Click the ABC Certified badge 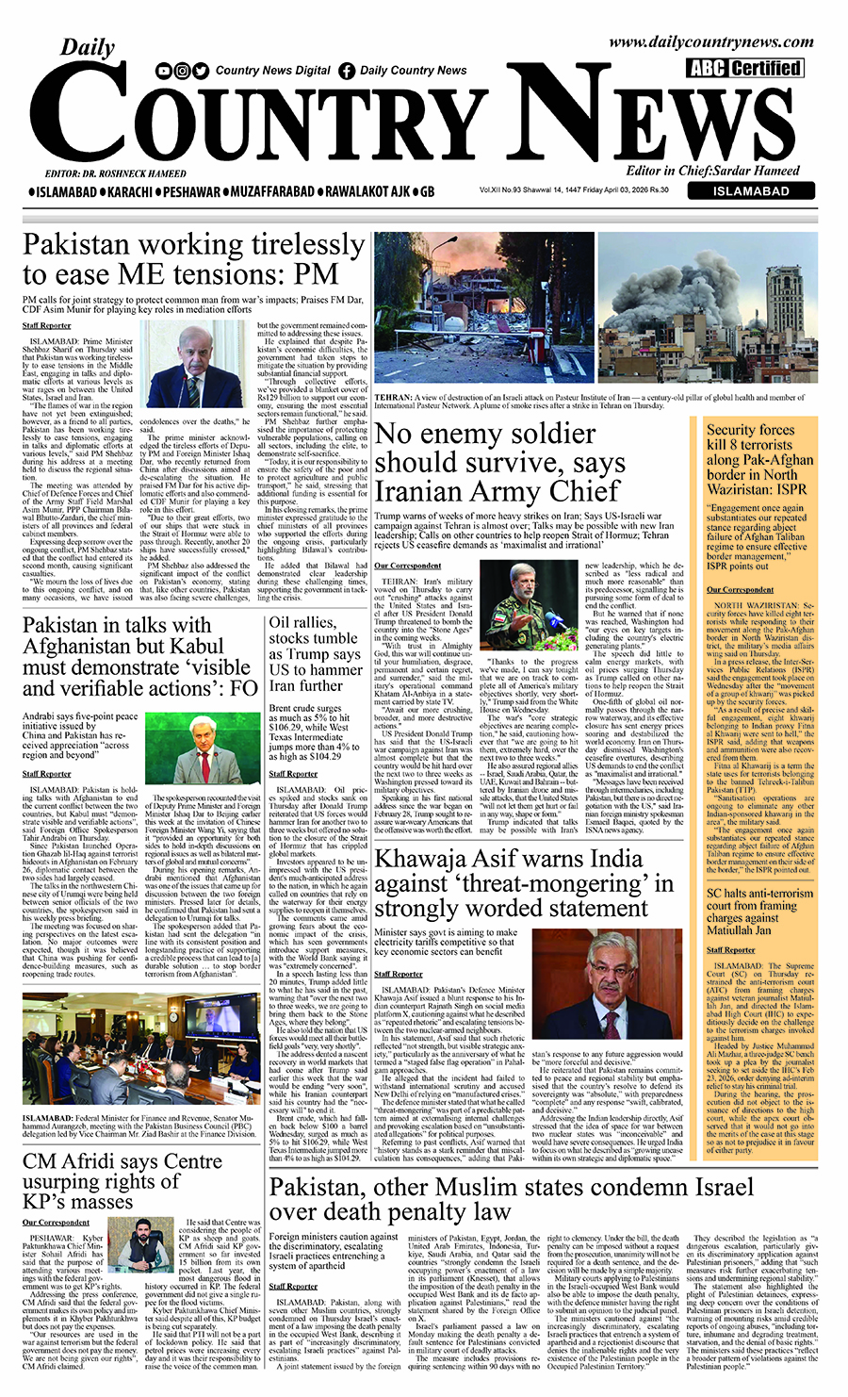tap(745, 68)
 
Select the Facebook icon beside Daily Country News tap(347, 71)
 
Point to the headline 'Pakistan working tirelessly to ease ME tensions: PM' tap(193, 259)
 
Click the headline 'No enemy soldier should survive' tap(499, 463)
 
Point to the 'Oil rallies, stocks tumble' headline tap(315, 653)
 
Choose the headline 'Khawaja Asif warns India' tap(524, 883)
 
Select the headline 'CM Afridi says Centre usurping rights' tap(122, 1181)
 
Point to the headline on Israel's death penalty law tap(512, 1198)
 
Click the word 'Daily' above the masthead tap(88, 47)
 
